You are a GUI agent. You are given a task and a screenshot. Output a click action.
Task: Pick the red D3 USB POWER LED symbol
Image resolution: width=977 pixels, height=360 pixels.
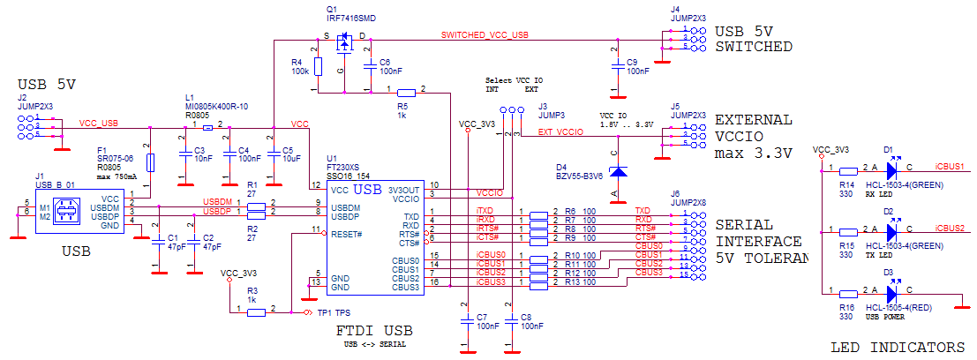(x=893, y=291)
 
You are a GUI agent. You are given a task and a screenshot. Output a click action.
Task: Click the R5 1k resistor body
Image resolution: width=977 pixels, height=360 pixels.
(x=406, y=92)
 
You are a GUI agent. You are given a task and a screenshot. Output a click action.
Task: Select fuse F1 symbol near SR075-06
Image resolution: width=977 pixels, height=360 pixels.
(x=151, y=162)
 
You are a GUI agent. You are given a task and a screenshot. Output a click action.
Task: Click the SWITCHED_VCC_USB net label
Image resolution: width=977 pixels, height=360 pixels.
(x=485, y=35)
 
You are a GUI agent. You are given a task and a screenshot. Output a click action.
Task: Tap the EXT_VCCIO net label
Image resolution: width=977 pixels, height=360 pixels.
(x=560, y=132)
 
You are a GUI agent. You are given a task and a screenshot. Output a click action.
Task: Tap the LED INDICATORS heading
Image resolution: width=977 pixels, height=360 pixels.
(x=898, y=347)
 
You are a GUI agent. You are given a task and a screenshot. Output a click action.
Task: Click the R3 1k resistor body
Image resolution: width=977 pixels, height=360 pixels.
(x=257, y=310)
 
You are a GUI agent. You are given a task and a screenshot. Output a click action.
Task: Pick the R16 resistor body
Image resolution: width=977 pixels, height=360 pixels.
(x=848, y=291)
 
